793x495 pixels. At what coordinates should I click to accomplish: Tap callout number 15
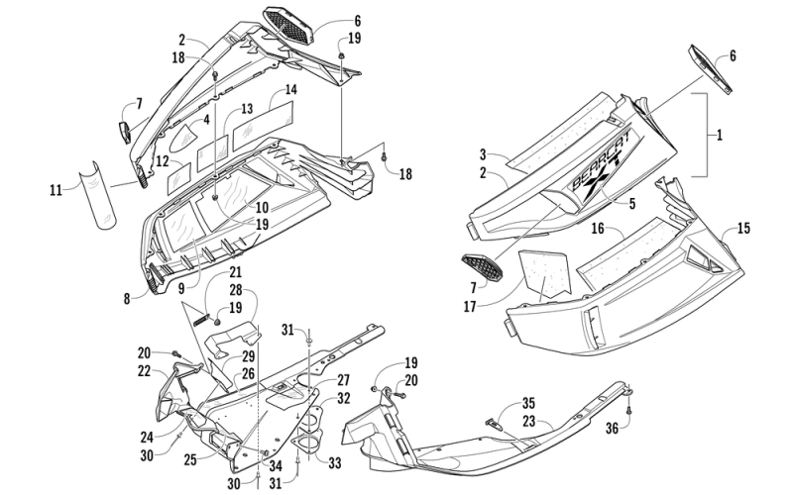tap(742, 229)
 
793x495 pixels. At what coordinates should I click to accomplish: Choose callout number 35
tap(528, 403)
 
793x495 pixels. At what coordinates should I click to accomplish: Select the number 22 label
tap(145, 371)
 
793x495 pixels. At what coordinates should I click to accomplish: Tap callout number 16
tap(599, 229)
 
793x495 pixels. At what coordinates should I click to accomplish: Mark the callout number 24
tap(145, 435)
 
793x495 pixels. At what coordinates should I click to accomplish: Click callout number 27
tap(343, 379)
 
